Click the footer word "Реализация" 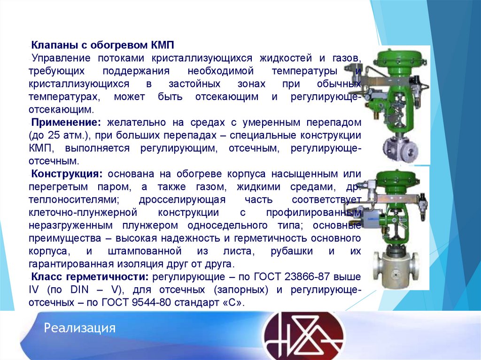pyautogui.click(x=80, y=328)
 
